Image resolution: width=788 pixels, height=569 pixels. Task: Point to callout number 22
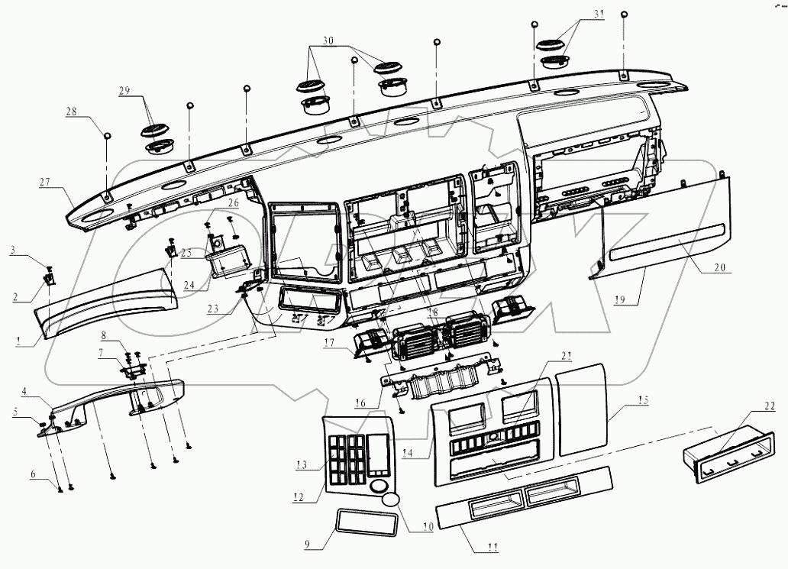pos(769,406)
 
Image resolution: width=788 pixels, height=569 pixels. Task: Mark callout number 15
pos(643,400)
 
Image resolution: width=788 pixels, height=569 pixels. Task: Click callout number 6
pos(32,474)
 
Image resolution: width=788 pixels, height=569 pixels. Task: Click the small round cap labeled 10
pos(390,501)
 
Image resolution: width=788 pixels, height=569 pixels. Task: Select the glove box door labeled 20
pos(664,229)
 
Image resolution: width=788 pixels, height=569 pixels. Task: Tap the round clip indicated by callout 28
pos(108,136)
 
